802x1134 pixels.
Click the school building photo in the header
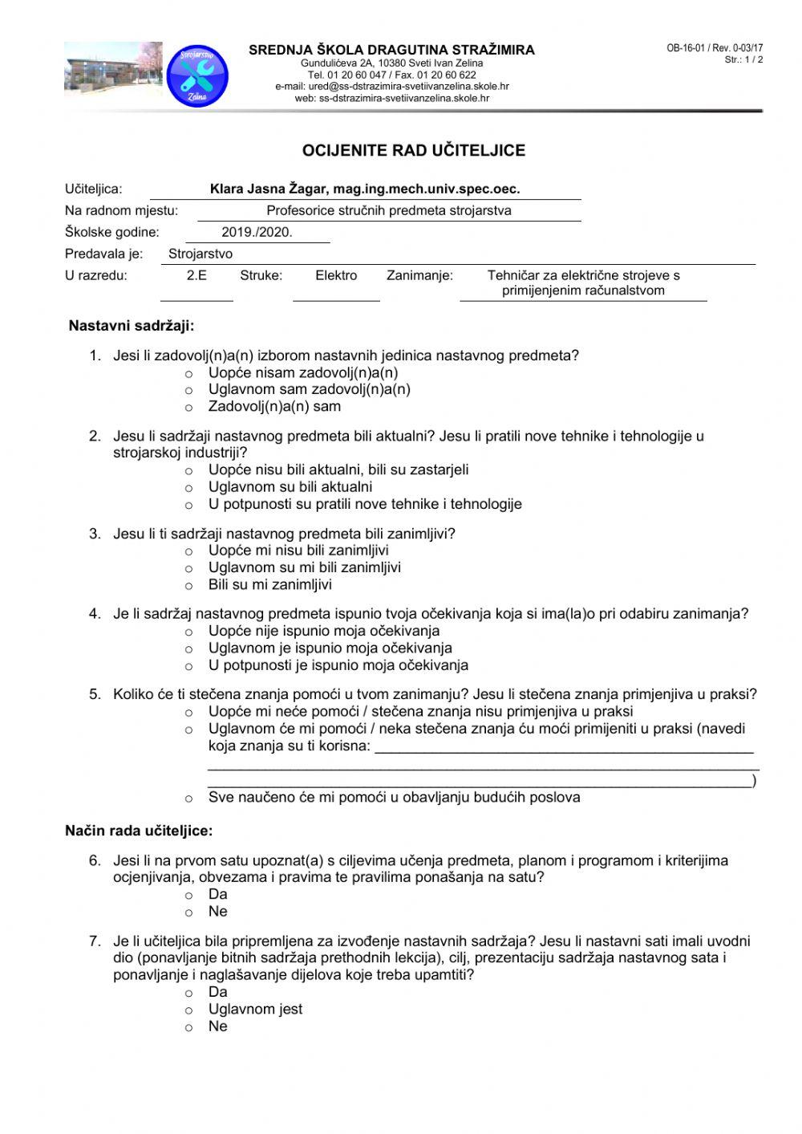pos(112,70)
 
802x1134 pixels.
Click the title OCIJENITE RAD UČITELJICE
pos(413,150)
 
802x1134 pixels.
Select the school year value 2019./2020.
pos(257,233)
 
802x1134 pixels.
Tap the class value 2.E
pos(196,275)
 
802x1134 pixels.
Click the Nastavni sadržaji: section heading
pos(132,326)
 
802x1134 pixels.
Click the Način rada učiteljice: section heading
pos(139,831)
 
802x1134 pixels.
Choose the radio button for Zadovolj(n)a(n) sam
pos(189,408)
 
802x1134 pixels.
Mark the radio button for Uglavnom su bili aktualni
pos(189,488)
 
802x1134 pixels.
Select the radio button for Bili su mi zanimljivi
pos(189,586)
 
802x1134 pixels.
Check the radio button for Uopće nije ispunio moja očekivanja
pos(189,632)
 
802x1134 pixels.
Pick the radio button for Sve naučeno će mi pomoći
pos(189,799)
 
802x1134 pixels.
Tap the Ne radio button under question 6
pos(189,912)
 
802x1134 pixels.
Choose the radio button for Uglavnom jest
pos(189,1010)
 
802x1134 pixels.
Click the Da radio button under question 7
pos(189,994)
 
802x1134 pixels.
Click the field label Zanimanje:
pos(419,275)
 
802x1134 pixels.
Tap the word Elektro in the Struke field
pos(336,275)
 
